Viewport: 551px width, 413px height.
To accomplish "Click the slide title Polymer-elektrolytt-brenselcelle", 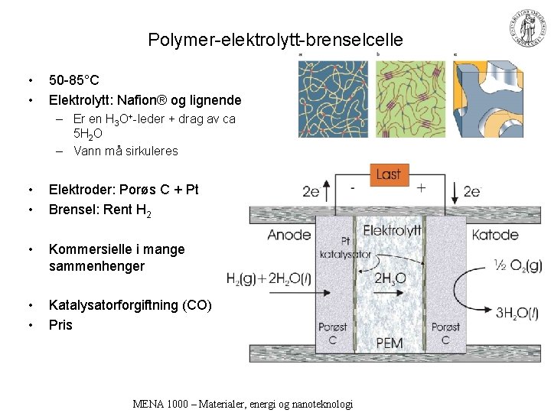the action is tap(275, 40).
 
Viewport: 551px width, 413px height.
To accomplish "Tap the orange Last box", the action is tap(389, 174).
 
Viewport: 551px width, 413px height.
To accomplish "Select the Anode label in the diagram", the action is tap(289, 235).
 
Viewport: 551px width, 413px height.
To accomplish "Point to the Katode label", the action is tap(495, 235).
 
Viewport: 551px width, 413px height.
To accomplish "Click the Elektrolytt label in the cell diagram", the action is tap(392, 230).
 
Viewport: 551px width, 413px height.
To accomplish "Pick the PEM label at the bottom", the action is tap(390, 343).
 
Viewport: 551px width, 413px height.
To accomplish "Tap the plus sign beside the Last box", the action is tap(421, 187).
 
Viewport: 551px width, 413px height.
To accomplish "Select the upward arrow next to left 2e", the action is tap(328, 190).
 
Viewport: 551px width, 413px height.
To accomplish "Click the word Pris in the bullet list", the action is tap(60, 325).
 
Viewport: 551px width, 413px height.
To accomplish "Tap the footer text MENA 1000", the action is tap(242, 404).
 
